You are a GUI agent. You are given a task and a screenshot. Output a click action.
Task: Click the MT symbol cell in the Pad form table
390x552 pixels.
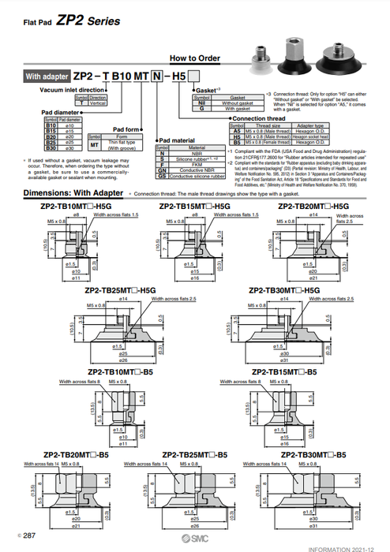pos(96,144)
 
